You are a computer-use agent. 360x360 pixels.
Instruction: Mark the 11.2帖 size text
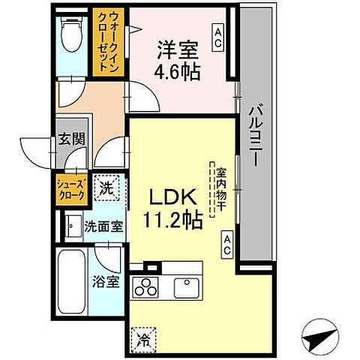coord(172,220)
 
